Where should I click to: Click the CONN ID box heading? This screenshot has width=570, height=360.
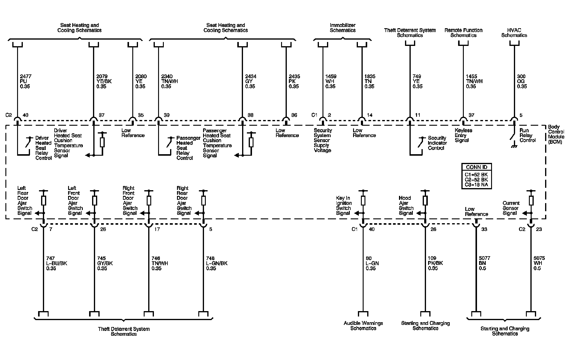[476, 167]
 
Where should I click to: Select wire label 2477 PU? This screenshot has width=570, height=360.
[25, 81]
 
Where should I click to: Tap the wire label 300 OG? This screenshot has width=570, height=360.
[522, 81]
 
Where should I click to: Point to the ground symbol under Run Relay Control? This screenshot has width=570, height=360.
[514, 146]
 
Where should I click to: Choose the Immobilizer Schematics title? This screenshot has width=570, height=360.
[343, 28]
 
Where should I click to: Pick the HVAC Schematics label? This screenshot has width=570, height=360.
[514, 33]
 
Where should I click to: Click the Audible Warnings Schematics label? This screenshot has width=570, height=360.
[363, 325]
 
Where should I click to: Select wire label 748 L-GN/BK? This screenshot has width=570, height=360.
[217, 263]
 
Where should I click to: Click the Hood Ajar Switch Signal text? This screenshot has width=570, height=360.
[406, 205]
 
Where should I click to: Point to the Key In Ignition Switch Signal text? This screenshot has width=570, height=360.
[343, 205]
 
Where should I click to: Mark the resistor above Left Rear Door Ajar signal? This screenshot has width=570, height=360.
[44, 200]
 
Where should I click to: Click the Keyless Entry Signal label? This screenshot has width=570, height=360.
[463, 135]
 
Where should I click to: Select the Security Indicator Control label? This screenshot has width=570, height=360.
[437, 143]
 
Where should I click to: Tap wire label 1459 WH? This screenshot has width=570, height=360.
[330, 81]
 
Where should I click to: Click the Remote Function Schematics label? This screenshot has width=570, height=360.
[463, 33]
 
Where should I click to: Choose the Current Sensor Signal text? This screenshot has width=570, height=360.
[510, 208]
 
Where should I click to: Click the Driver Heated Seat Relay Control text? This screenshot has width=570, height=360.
[43, 148]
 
